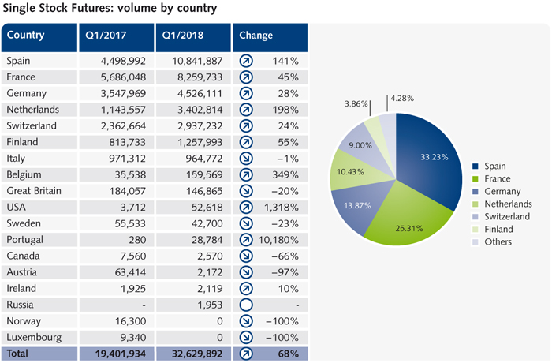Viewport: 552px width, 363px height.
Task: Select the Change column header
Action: click(256, 36)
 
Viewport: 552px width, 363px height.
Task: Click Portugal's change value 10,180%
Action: click(278, 240)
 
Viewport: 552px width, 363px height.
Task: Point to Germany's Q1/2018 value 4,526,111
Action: click(195, 93)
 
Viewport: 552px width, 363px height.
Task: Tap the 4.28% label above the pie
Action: click(400, 98)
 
